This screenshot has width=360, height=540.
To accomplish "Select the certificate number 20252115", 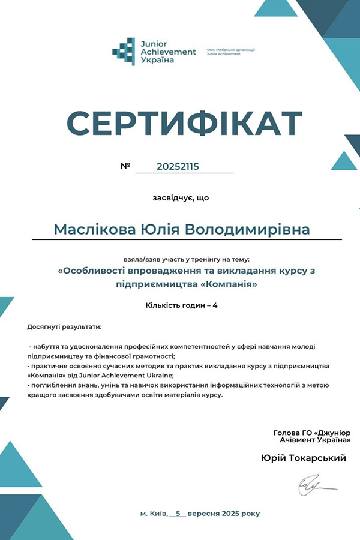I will tap(177, 166).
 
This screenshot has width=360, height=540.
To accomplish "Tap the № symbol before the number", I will tap(125, 166).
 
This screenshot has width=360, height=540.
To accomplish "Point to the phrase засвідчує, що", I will tap(181, 197).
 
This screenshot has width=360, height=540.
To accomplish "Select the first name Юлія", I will tap(159, 230).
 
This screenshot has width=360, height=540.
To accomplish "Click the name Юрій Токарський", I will tap(304, 458).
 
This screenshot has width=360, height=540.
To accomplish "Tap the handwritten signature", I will tap(313, 485).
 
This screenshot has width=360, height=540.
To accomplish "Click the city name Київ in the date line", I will tap(157, 514).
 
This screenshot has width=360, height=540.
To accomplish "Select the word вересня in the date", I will tap(204, 514).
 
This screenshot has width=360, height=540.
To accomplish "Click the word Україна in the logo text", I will tap(157, 60).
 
